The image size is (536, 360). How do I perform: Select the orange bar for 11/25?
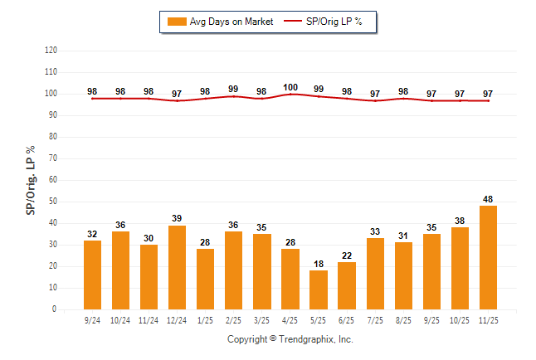(488, 257)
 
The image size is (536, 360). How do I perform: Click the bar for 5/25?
(319, 289)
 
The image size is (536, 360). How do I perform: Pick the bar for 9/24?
(92, 275)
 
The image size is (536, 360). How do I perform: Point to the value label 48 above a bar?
(488, 199)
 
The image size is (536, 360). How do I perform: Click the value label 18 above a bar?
(319, 264)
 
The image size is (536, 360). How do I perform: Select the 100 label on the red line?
(290, 87)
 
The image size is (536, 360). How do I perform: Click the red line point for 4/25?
(290, 95)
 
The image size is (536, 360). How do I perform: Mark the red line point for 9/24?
(92, 99)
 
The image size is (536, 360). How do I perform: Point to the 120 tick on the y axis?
(51, 51)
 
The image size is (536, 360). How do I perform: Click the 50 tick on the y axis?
(52, 202)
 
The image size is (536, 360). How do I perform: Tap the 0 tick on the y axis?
(55, 309)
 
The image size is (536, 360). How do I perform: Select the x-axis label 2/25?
(234, 319)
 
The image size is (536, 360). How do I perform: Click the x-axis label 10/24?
(120, 319)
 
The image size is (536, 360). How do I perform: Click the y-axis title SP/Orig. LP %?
(31, 179)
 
